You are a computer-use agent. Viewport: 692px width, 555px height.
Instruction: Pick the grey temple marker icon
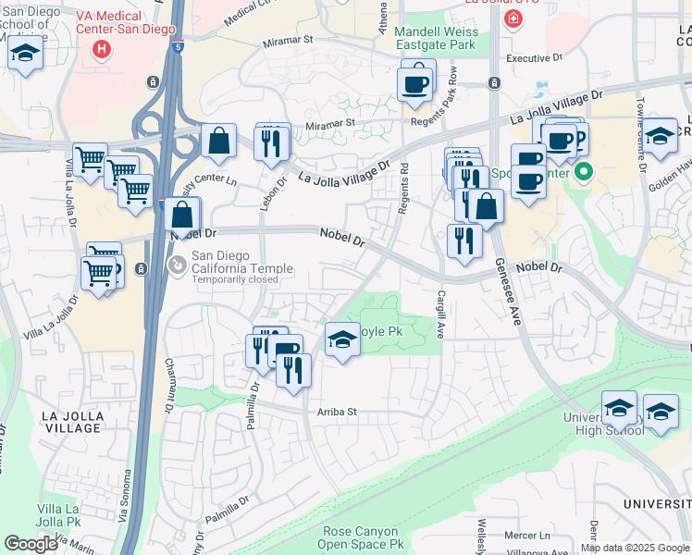175,265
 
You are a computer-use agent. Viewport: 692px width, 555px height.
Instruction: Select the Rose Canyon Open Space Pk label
364,538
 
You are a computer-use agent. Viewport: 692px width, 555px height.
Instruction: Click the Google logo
31,544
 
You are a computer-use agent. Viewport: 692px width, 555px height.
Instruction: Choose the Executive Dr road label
534,58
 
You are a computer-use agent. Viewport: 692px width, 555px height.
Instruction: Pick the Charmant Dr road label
169,386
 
